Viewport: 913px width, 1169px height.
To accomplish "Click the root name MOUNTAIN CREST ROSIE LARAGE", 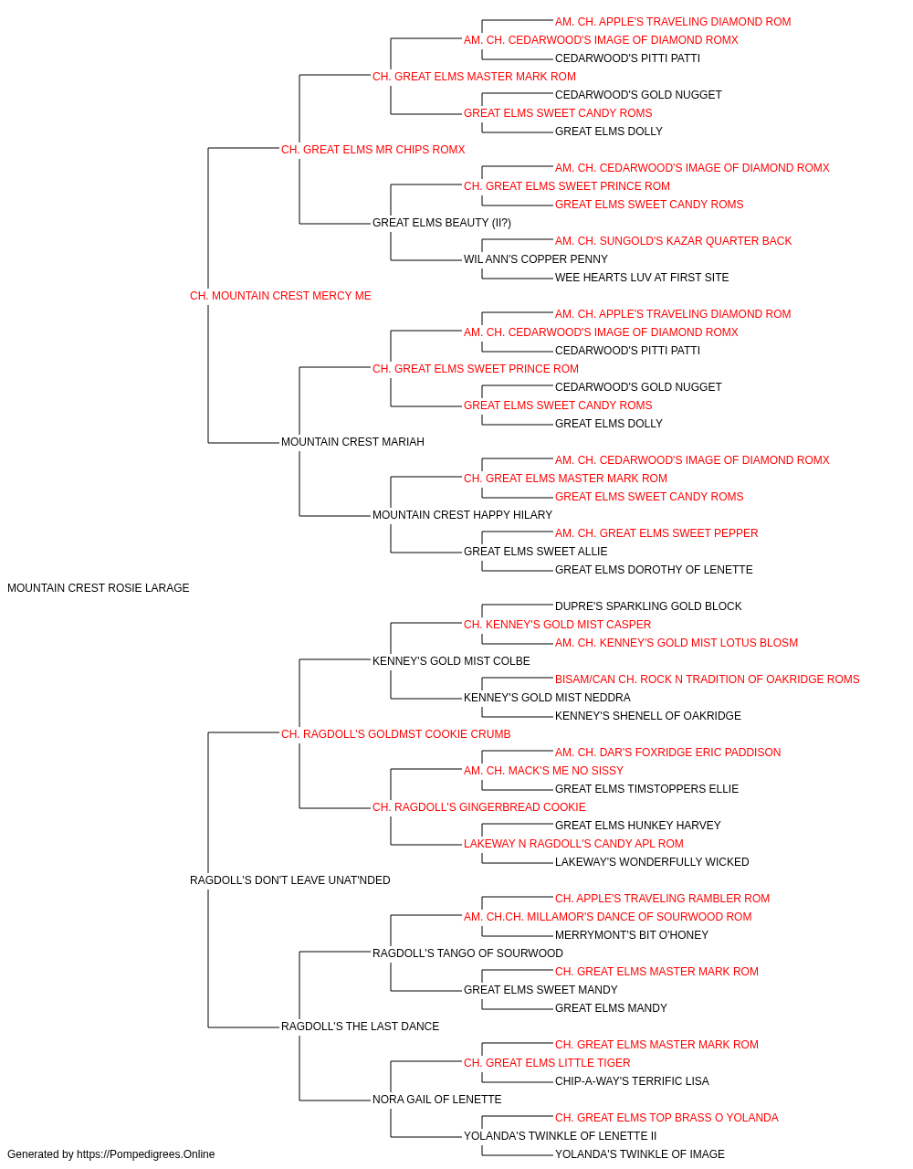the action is (x=99, y=588).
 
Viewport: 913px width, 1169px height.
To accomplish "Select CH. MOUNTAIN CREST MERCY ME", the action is (x=280, y=296).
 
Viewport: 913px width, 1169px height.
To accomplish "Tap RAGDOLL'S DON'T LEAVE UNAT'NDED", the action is (x=289, y=880).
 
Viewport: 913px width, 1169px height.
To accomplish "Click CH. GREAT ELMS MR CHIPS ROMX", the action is (x=373, y=150).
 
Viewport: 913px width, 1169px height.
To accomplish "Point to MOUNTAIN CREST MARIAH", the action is (x=352, y=442).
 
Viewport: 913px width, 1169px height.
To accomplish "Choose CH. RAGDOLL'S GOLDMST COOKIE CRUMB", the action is (x=395, y=734).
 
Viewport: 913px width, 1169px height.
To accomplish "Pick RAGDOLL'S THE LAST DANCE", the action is (x=360, y=1027).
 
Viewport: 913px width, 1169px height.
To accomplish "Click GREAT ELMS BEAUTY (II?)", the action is (x=442, y=223).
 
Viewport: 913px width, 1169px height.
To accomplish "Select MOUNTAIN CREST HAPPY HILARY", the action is (x=462, y=515).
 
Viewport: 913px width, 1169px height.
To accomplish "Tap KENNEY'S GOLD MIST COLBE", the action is (x=451, y=661).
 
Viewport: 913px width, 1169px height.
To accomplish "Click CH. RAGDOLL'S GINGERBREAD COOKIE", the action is (x=479, y=807).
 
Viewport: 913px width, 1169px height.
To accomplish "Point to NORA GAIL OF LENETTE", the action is (x=436, y=1100).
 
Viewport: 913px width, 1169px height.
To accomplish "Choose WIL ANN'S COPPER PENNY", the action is (x=536, y=259).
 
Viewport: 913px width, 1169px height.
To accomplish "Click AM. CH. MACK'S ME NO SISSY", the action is (x=543, y=771).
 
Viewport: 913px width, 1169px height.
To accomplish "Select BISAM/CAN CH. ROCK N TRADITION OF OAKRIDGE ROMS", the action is (x=707, y=679).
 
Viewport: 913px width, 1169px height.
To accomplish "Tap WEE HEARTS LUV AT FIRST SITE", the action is (x=642, y=278).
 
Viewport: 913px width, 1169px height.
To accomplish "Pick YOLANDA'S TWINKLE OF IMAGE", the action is (x=640, y=1154).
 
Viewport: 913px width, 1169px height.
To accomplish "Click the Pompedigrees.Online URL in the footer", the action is (x=146, y=1154).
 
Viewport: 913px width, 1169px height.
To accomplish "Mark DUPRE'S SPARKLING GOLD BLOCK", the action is (x=648, y=606).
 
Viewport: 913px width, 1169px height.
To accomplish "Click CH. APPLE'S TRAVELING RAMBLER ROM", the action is (x=662, y=899).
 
